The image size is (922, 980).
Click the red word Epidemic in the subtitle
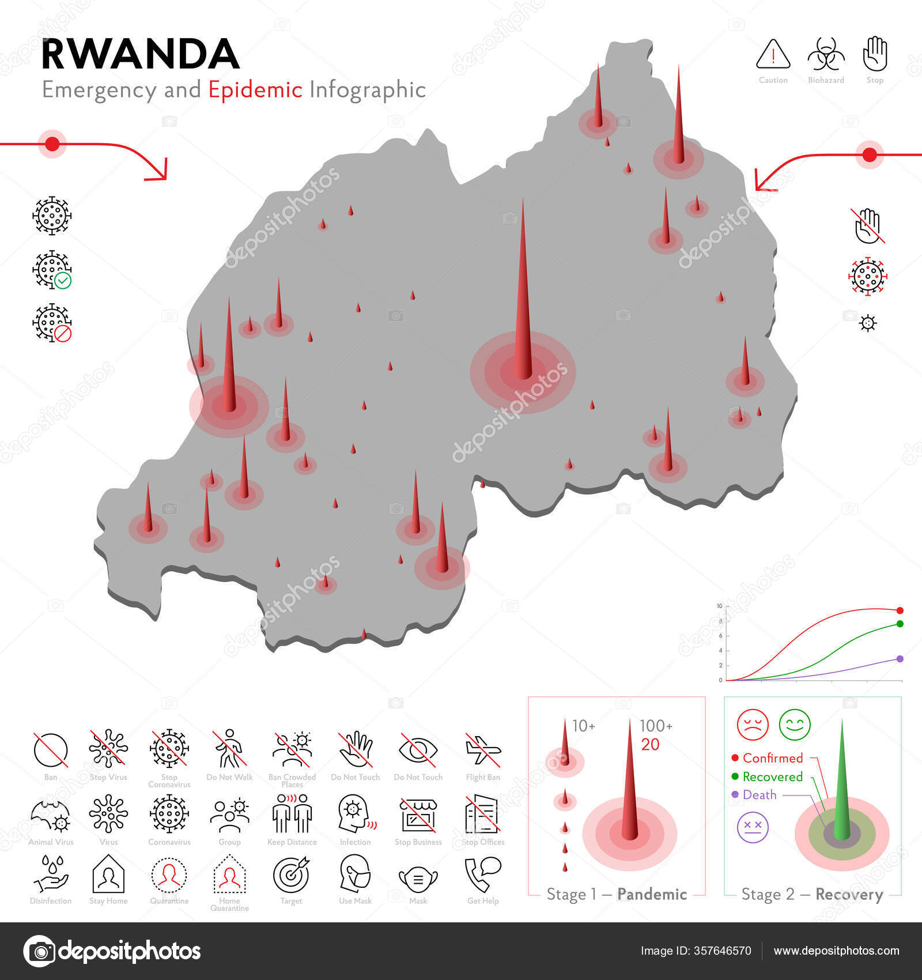coord(255,90)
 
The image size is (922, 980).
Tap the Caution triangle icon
coord(773,54)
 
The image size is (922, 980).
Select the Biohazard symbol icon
coord(826,55)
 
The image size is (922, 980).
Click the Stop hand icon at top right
coord(875,54)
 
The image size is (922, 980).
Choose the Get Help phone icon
coord(483,875)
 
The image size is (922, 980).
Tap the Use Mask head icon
coord(355,875)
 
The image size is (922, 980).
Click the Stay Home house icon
coord(108,875)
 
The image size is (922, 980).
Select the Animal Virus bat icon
coord(51,814)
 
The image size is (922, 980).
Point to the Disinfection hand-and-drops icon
coord(51,875)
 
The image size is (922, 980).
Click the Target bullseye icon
coord(291,875)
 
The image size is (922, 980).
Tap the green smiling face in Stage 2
coord(795,725)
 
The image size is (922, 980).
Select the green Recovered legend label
coord(772,777)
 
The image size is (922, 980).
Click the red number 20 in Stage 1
coord(650,744)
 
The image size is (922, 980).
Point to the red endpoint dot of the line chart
coord(900,610)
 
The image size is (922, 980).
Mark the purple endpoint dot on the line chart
coord(900,659)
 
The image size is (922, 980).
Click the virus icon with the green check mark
coord(52,270)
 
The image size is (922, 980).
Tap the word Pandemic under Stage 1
coord(652,894)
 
